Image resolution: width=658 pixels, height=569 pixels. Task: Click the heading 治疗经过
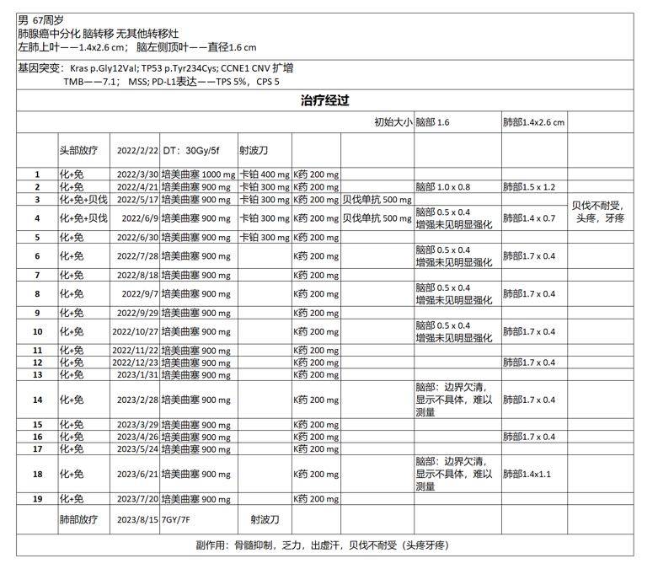[x=324, y=100]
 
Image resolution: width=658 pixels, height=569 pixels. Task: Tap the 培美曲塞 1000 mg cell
[x=200, y=174]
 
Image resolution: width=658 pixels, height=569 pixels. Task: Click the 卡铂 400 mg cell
[x=265, y=174]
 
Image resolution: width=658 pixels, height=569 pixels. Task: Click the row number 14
[x=37, y=400]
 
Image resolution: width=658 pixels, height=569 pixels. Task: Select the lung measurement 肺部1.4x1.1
[x=528, y=475]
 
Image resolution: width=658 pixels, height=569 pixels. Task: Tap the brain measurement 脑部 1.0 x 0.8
[x=443, y=187]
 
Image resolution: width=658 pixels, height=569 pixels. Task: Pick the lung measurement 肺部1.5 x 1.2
[x=529, y=187]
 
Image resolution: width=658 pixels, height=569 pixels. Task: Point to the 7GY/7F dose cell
[x=178, y=520]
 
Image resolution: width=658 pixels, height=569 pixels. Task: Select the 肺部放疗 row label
[x=78, y=520]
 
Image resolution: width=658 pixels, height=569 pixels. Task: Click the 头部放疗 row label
[x=78, y=151]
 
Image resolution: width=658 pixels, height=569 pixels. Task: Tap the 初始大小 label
[x=393, y=122]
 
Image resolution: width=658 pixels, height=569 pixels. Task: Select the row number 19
[x=37, y=499]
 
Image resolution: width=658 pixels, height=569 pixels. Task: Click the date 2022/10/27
[x=135, y=332]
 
